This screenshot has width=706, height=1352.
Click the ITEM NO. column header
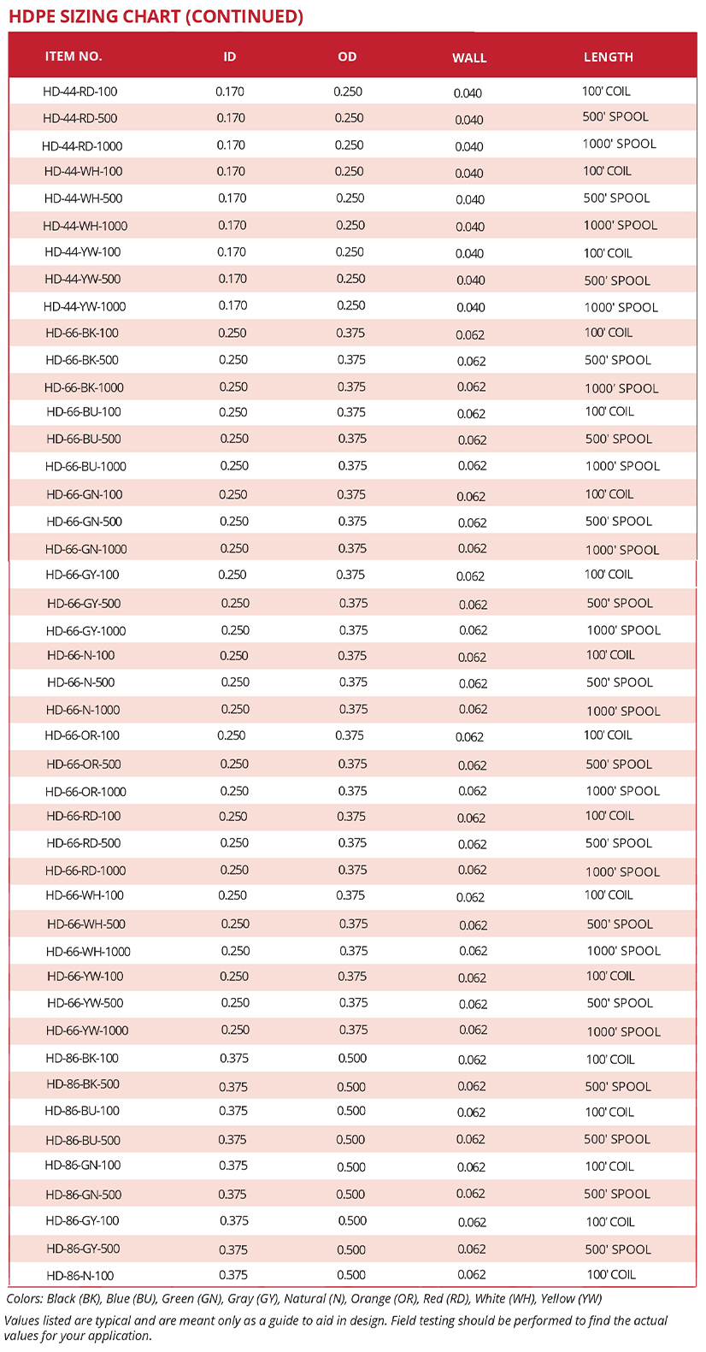[x=74, y=56]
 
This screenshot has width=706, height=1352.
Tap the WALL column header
[x=469, y=58]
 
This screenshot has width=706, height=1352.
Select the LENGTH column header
[x=609, y=57]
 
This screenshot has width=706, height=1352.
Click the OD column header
[x=347, y=56]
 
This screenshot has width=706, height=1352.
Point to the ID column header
[x=230, y=56]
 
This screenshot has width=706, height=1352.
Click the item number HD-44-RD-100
[x=80, y=92]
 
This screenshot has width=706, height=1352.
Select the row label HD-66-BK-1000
[x=84, y=387]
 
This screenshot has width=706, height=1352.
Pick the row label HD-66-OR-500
[x=84, y=765]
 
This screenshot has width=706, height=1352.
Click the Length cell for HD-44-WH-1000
[x=621, y=226]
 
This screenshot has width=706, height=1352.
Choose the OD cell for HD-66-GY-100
[x=350, y=575]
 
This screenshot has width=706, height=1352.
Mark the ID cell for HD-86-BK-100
[x=234, y=1058]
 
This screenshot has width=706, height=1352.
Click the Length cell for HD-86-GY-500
[x=617, y=1249]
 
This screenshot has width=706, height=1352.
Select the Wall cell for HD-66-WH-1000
[x=473, y=951]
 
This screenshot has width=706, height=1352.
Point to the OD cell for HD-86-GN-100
[x=351, y=1166]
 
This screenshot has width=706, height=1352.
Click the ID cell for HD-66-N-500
[x=235, y=682]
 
